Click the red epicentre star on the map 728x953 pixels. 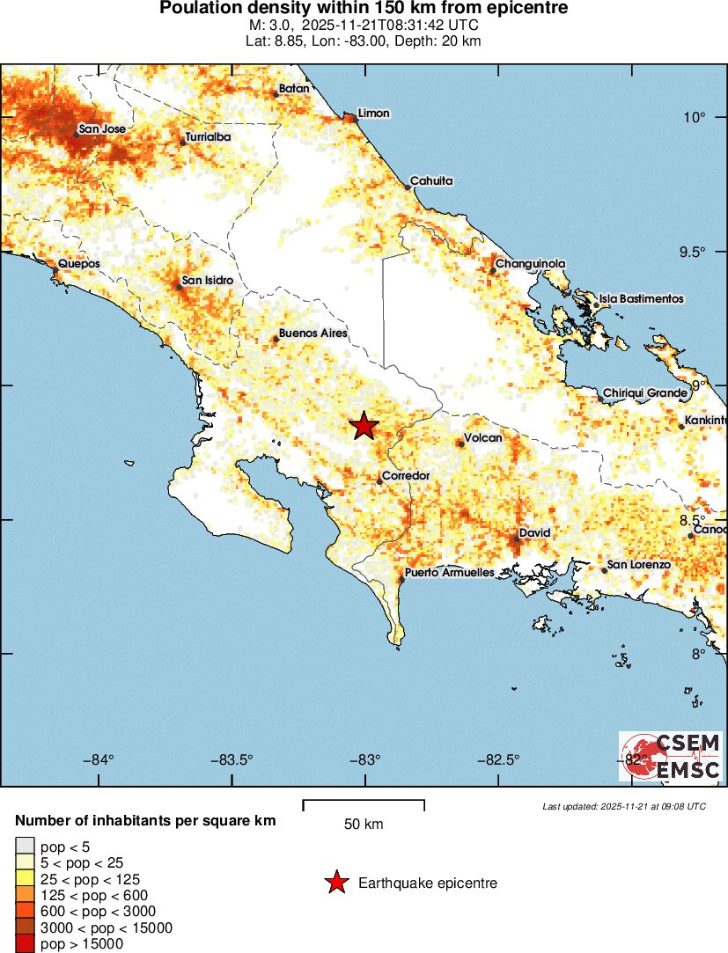click(364, 426)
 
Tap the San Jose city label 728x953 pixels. click(102, 129)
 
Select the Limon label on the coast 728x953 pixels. click(373, 114)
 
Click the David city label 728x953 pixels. click(534, 533)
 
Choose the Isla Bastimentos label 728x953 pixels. click(641, 299)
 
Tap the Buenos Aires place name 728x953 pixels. click(313, 334)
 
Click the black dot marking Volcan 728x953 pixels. click(460, 444)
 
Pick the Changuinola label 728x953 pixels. click(530, 263)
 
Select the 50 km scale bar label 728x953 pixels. click(363, 825)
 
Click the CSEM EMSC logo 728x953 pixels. click(671, 756)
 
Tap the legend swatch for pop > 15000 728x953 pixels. click(25, 944)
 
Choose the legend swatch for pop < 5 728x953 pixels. click(25, 847)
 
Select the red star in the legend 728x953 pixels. click(335, 883)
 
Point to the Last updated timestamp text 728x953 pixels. click(623, 806)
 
